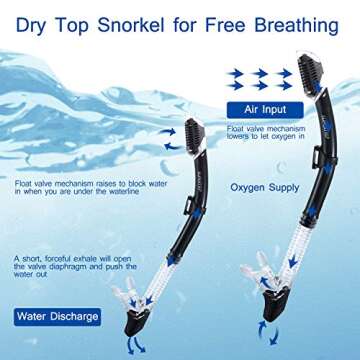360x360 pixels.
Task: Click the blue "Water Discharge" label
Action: click(x=57, y=317)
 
